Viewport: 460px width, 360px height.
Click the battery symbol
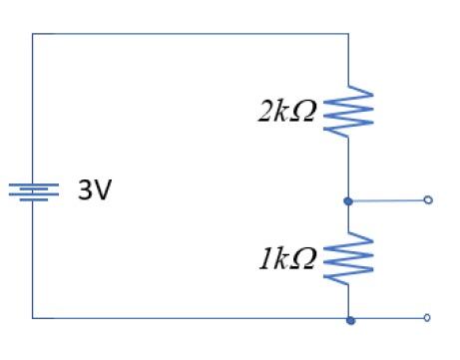33,191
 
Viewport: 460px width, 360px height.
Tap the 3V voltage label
95,190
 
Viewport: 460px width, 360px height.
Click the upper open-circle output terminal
428,200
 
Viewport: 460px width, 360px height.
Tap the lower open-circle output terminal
428,318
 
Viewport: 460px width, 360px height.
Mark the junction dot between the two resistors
348,200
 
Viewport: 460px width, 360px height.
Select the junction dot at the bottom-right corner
349,319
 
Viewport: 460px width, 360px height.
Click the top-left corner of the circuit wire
33,34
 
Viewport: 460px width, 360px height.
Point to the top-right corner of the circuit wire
348,34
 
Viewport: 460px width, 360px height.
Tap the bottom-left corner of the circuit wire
33,318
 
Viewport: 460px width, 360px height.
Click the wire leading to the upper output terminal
389,200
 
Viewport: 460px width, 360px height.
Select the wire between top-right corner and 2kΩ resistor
348,60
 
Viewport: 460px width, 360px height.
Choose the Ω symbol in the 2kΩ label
304,110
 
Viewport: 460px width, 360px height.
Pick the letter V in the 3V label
103,190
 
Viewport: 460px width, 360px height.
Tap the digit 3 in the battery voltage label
86,190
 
